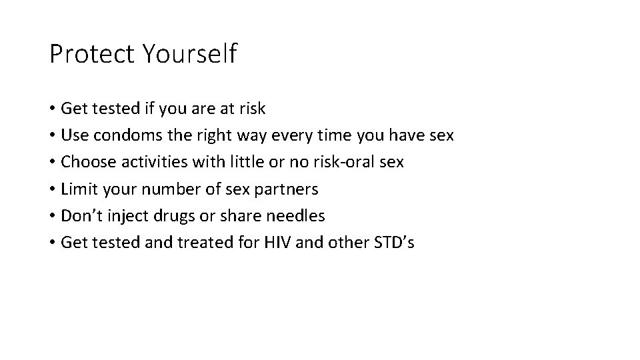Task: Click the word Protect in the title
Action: pos(91,54)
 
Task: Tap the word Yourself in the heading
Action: pos(189,54)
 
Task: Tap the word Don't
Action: pos(79,215)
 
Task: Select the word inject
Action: pos(119,215)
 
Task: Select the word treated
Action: pos(203,242)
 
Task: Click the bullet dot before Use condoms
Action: pos(52,136)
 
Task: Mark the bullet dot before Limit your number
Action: pos(52,189)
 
